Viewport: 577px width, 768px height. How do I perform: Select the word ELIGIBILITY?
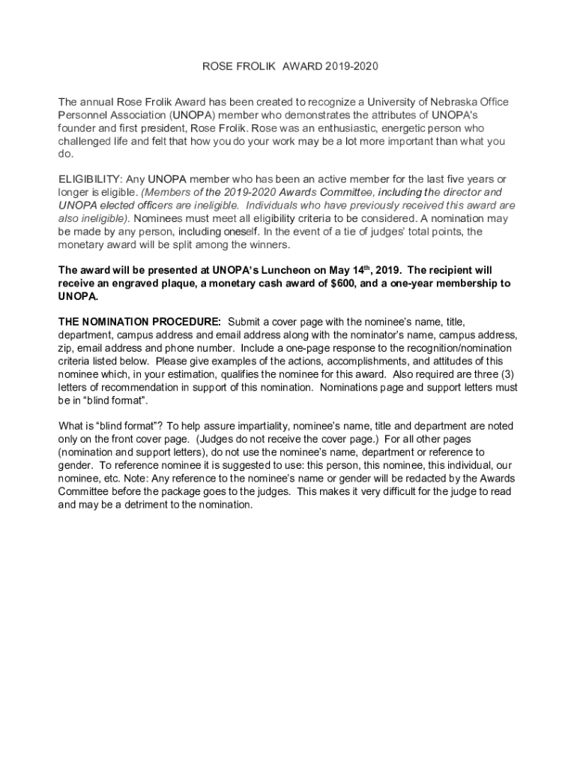90,179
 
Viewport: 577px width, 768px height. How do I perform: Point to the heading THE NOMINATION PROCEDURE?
139,322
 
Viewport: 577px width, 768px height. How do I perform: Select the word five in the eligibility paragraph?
462,179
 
